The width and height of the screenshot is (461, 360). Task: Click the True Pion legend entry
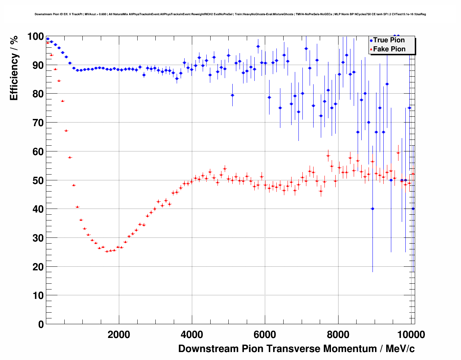389,40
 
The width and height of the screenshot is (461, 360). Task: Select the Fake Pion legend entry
389,49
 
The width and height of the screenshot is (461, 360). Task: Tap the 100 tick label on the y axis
35,37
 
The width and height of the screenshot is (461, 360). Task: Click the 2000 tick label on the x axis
119,335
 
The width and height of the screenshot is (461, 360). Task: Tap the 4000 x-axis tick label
192,335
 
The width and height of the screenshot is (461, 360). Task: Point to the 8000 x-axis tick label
338,335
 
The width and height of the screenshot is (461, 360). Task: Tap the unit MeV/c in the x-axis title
400,349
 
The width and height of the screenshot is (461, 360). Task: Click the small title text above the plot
230,14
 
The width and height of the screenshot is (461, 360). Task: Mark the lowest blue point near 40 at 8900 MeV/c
372,209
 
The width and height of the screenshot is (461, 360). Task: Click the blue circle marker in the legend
371,40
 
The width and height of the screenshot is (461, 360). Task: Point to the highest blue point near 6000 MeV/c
258,46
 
